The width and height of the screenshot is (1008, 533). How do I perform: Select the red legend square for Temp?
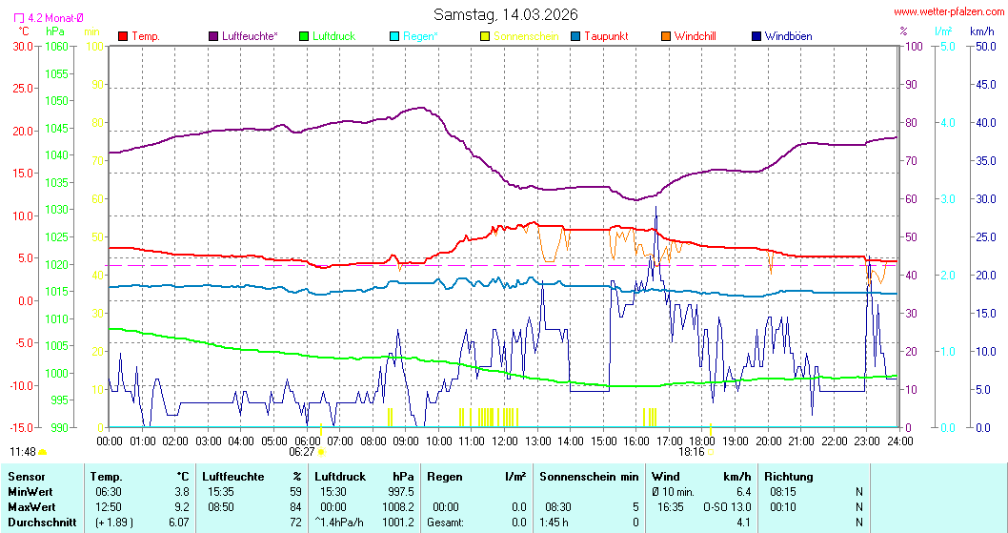click(x=123, y=36)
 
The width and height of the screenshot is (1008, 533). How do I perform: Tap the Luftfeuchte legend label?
click(x=250, y=36)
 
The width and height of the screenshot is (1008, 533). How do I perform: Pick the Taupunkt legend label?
click(x=606, y=36)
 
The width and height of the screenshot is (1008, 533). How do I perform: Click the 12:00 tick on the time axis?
click(x=505, y=441)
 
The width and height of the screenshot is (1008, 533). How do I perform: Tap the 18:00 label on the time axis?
click(x=703, y=441)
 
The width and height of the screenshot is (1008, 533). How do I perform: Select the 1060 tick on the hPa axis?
click(x=57, y=46)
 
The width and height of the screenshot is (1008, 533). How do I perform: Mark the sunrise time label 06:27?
click(x=302, y=452)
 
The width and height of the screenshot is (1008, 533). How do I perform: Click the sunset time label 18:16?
click(x=692, y=452)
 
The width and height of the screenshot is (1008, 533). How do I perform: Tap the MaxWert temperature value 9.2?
click(x=183, y=506)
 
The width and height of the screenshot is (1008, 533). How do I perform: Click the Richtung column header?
click(x=789, y=476)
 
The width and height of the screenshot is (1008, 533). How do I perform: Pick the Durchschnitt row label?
click(x=37, y=522)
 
